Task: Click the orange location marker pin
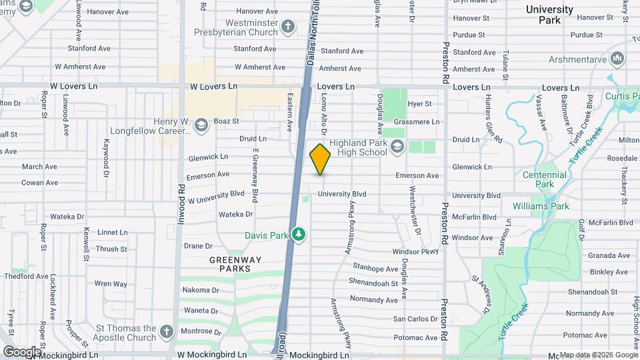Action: point(320,159)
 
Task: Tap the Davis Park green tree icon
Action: point(299,235)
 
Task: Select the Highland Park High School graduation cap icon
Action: point(397,147)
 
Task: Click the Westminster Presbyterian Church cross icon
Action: point(288,27)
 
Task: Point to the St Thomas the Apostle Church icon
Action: point(167,331)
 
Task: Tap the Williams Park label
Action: point(541,206)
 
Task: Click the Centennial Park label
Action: point(545,179)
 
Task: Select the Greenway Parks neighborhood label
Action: point(231,264)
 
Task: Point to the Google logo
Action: point(22,351)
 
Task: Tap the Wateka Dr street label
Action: point(236,214)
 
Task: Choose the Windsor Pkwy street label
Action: point(416,251)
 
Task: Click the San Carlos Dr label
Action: point(415,319)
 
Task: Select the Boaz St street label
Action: point(226,121)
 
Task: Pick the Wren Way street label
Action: point(111,284)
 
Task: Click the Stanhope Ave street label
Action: point(375,269)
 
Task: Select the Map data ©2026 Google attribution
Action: point(599,355)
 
